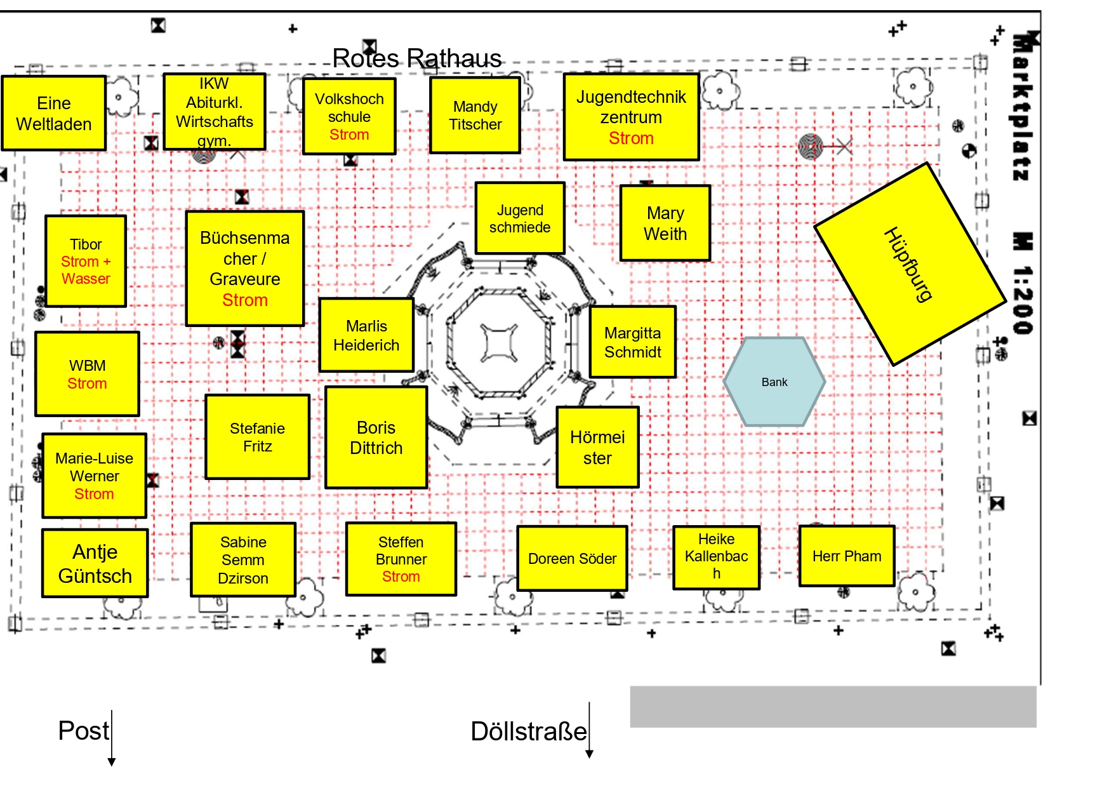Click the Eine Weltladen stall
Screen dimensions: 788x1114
coord(54,113)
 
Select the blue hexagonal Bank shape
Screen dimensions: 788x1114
coord(774,382)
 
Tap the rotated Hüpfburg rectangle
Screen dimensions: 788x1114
coord(909,264)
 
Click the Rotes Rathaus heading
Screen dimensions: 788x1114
coord(417,58)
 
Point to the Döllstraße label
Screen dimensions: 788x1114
coord(528,731)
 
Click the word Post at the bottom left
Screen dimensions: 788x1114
coord(83,731)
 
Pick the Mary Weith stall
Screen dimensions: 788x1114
coord(665,223)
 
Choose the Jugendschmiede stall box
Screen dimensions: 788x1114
coord(520,218)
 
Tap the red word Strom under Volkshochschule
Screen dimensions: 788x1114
coord(349,135)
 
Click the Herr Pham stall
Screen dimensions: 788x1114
coord(847,556)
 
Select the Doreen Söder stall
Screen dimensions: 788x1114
coord(572,559)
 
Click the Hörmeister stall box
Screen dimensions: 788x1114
coord(597,448)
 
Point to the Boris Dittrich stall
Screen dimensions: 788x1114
coord(376,437)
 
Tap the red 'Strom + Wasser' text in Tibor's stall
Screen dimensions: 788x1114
coord(86,270)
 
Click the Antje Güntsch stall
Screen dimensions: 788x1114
coord(95,563)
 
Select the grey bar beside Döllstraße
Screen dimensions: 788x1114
coord(833,706)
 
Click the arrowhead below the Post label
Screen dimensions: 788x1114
coord(112,762)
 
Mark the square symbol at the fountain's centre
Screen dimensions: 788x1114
coord(499,343)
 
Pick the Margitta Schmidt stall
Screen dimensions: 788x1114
coord(632,342)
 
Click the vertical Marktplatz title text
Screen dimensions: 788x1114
coord(1021,108)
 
